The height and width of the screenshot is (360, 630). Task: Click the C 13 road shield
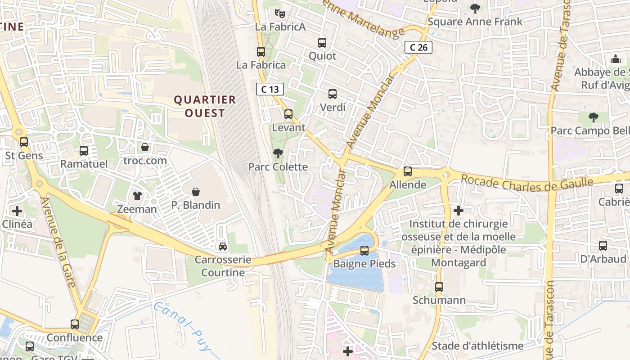(x=270, y=89)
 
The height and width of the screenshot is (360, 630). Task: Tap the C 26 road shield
(x=418, y=47)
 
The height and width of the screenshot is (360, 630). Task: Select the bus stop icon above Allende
(x=408, y=171)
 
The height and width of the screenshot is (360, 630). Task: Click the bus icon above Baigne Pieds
(x=364, y=251)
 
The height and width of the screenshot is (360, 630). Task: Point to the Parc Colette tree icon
(x=278, y=153)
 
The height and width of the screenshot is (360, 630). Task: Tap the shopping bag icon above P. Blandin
(x=196, y=192)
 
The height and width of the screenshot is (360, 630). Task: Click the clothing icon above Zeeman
(x=137, y=196)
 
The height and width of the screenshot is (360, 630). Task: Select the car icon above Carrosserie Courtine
(x=222, y=247)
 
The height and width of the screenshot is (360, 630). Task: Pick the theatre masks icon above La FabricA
(x=280, y=13)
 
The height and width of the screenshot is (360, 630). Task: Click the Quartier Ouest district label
(x=205, y=106)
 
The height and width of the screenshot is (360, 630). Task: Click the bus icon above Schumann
(x=439, y=287)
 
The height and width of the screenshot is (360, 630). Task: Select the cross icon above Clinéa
(x=17, y=211)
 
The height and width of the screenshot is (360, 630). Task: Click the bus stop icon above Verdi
(x=333, y=94)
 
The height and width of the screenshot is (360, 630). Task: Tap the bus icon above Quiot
(x=322, y=43)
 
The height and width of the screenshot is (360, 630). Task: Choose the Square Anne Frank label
(x=475, y=22)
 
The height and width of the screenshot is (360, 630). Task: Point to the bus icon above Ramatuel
(x=84, y=151)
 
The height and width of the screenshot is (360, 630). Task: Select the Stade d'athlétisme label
(x=477, y=346)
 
